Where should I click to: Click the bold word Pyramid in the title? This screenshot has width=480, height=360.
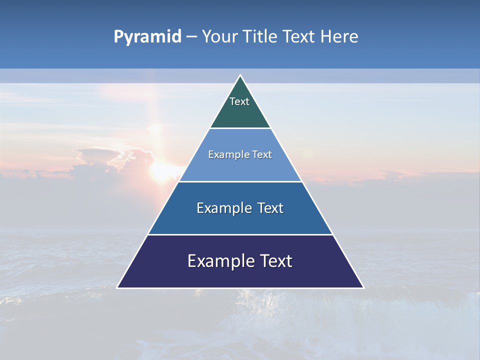(147, 37)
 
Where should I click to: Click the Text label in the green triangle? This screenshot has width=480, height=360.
(239, 101)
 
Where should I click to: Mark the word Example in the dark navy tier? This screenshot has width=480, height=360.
(217, 261)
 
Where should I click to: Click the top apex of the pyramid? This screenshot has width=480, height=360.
(240, 75)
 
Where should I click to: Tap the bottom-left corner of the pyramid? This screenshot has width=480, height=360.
(117, 287)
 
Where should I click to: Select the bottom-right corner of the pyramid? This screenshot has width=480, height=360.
(363, 287)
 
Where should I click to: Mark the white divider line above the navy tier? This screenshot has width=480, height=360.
(240, 234)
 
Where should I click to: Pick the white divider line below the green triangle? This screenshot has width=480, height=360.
(240, 128)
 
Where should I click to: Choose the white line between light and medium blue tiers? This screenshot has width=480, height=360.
(240, 181)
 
